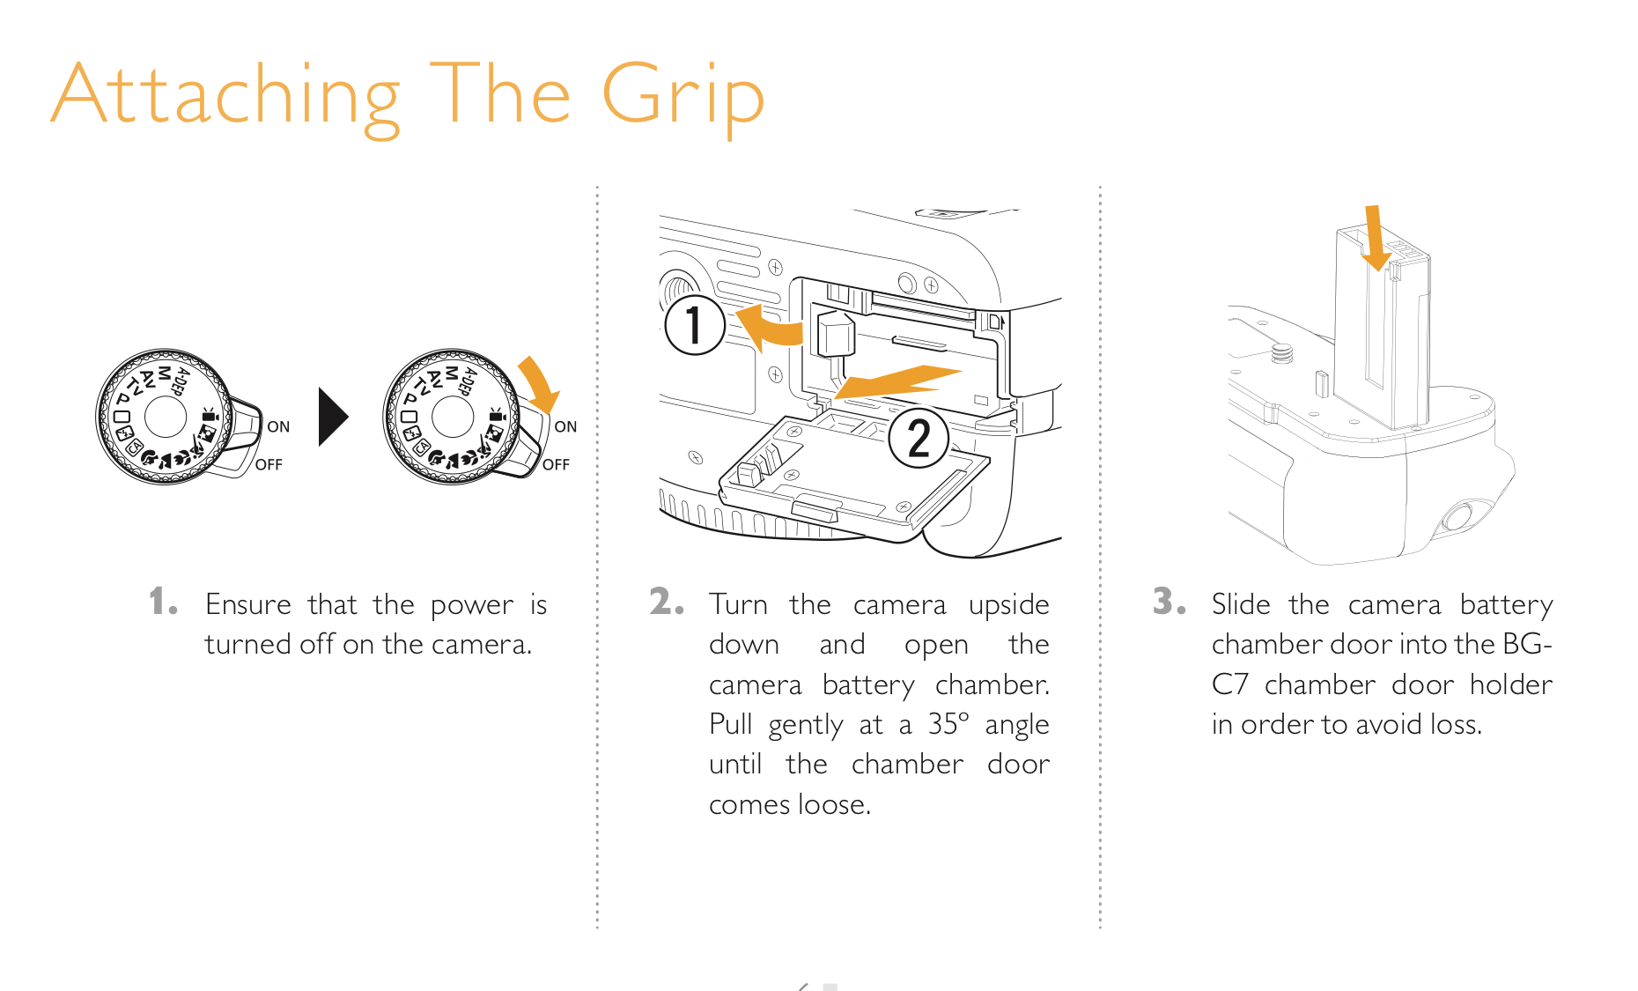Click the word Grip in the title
[682, 97]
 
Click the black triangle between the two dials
[333, 417]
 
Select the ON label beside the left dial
[278, 427]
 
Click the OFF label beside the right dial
[556, 464]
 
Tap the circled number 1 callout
[695, 324]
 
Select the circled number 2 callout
[919, 438]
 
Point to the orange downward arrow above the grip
[1375, 238]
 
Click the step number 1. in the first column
[164, 602]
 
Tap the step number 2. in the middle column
[667, 602]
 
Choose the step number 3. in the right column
[1169, 602]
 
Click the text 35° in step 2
[948, 724]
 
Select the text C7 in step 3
[1229, 684]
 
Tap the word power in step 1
[472, 607]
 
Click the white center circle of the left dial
[166, 417]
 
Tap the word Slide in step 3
[1241, 604]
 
